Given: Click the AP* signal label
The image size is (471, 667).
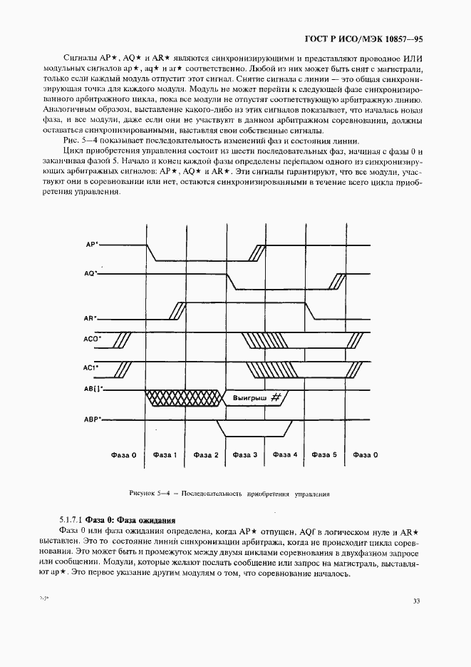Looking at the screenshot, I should click(x=92, y=244).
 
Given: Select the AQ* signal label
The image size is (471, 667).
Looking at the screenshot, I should click(x=90, y=273).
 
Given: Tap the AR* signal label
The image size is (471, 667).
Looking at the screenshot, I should click(x=91, y=318).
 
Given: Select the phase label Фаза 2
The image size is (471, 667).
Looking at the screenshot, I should click(x=206, y=454).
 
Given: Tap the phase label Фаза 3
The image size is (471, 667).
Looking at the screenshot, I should click(x=246, y=454).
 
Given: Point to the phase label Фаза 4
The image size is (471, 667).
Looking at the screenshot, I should click(x=285, y=454).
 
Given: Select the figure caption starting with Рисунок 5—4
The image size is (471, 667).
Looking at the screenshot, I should click(x=229, y=493).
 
